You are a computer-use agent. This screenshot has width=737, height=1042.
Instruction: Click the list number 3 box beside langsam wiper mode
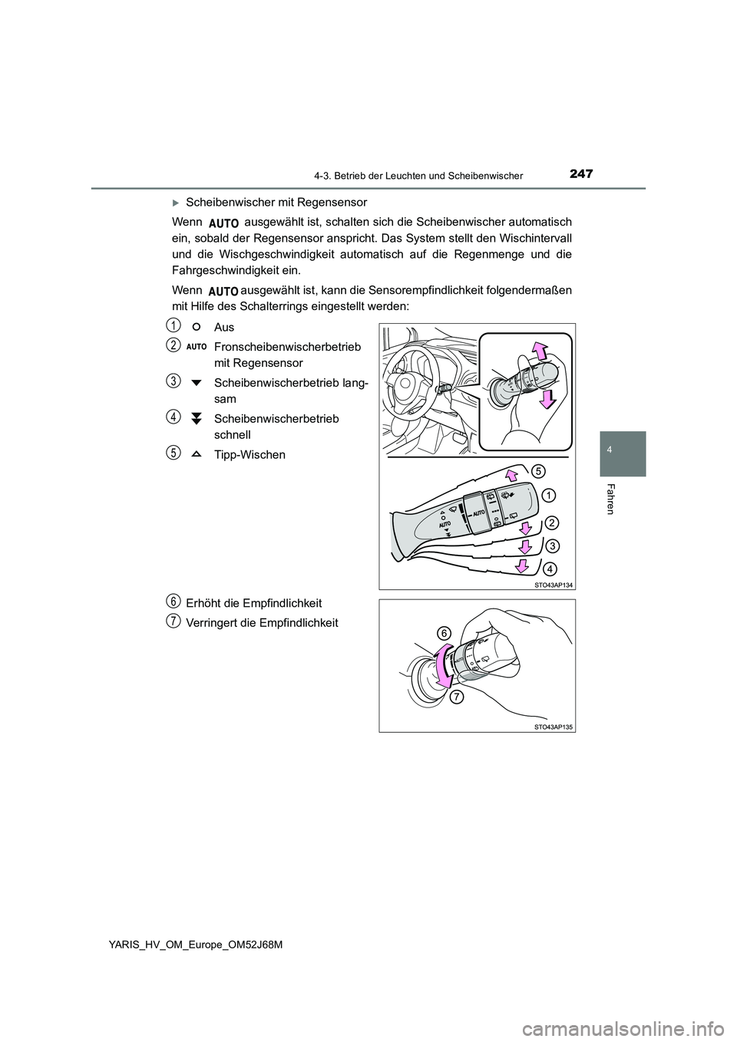[x=176, y=380]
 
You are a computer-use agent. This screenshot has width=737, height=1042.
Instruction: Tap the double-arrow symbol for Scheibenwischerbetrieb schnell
[x=197, y=418]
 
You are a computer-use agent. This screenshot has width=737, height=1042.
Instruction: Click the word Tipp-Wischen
[x=250, y=454]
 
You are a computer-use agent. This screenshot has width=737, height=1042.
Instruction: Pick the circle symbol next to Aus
[x=197, y=327]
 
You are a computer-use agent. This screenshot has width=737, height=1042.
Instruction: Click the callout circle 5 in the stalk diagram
[x=539, y=469]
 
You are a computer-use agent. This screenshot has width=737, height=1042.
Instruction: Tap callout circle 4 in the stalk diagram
[x=551, y=569]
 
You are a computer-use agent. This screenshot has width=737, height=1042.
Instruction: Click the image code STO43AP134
[x=553, y=584]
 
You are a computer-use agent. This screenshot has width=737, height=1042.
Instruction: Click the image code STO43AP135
[x=553, y=726]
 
